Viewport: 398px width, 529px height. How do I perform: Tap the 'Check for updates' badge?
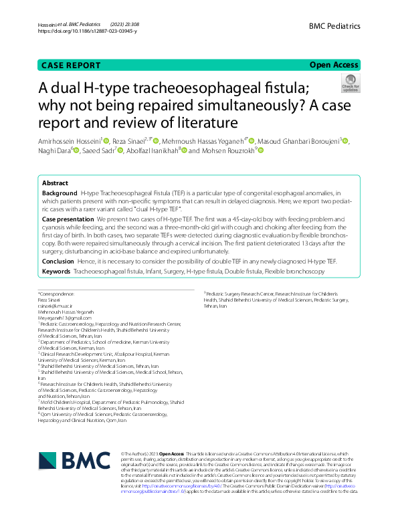(351, 82)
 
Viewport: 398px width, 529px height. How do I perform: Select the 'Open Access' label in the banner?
(334, 65)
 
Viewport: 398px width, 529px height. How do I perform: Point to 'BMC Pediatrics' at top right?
(334, 26)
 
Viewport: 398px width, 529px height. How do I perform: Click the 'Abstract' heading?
(55, 183)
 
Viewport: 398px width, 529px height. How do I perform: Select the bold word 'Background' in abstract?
(60, 193)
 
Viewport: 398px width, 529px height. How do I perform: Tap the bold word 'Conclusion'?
(58, 261)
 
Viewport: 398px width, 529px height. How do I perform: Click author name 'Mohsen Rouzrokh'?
(227, 150)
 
